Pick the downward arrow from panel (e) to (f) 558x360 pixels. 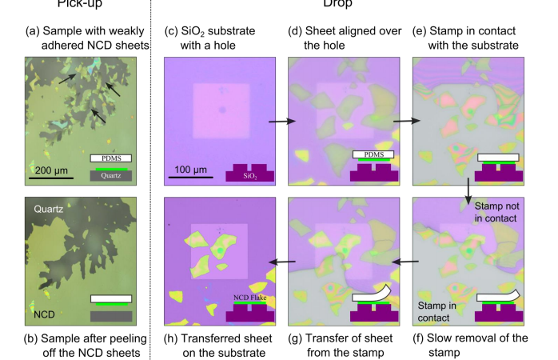468,192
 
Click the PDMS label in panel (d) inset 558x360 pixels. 373,154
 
